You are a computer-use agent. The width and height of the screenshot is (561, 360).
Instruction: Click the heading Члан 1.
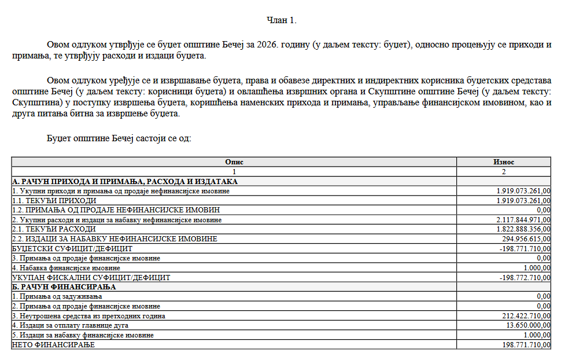pyautogui.click(x=281, y=20)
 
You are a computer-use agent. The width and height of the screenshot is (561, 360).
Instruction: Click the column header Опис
pyautogui.click(x=234, y=162)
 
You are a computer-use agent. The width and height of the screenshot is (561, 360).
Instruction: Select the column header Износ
pyautogui.click(x=504, y=162)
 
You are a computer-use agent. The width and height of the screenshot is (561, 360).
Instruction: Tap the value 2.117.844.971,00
pyautogui.click(x=523, y=220)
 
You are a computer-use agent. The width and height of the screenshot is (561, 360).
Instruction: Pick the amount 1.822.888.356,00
pyautogui.click(x=523, y=229)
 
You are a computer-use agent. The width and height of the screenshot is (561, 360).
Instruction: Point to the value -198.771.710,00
pyautogui.click(x=524, y=248)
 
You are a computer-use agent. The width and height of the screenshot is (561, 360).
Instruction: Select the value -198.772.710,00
pyautogui.click(x=524, y=277)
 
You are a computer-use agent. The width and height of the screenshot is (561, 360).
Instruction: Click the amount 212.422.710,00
pyautogui.click(x=525, y=316)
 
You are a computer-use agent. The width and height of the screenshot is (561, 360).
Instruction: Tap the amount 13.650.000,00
pyautogui.click(x=527, y=326)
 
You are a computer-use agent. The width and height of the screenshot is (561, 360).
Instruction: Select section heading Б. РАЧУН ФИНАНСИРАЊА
pyautogui.click(x=64, y=287)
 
